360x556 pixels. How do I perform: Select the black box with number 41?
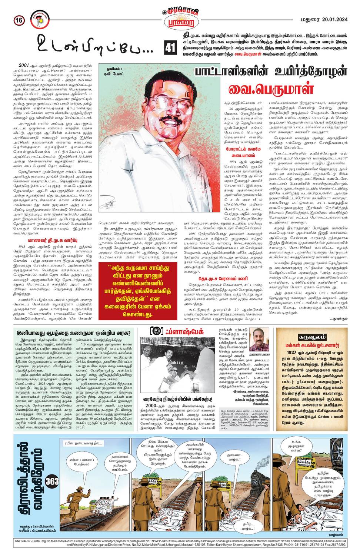pyautogui.click(x=169, y=48)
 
